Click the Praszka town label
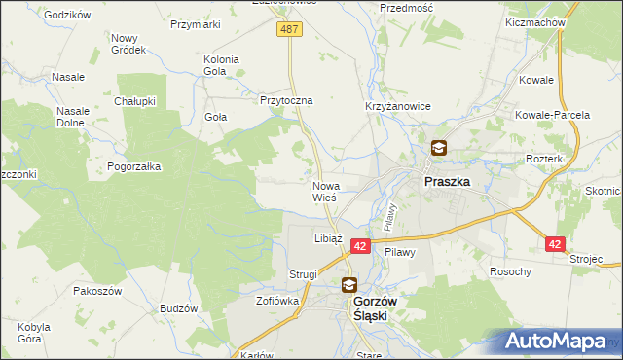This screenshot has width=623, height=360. click(447, 181)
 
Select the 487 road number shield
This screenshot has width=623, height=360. click(290, 30)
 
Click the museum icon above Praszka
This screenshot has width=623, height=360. click(439, 149)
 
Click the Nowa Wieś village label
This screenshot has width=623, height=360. click(325, 191)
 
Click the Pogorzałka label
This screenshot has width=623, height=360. click(134, 166)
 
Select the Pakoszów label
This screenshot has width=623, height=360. click(96, 290)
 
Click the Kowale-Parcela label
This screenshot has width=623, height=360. click(554, 115)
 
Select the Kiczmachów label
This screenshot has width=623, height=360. click(531, 21)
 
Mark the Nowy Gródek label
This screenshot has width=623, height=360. click(128, 43)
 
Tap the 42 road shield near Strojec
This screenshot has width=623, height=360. click(555, 246)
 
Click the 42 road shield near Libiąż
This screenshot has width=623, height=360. click(360, 248)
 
